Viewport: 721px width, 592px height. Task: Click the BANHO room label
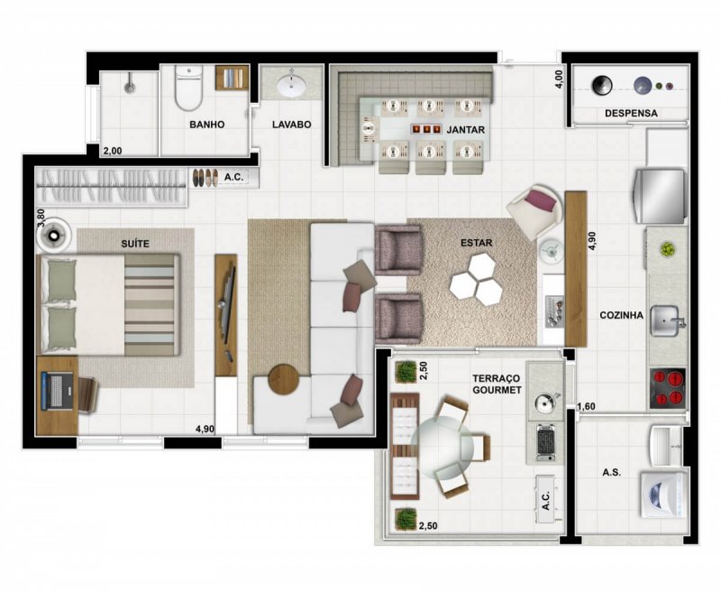(206, 125)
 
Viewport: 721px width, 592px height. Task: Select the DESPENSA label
(631, 114)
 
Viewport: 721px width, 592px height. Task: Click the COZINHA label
(622, 316)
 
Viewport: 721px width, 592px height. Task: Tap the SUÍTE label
(134, 244)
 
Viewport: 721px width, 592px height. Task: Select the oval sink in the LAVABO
(291, 88)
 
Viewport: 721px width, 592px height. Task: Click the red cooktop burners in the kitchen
(669, 386)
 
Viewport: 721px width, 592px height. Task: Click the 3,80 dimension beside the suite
(40, 217)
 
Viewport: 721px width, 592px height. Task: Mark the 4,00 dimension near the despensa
(559, 79)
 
